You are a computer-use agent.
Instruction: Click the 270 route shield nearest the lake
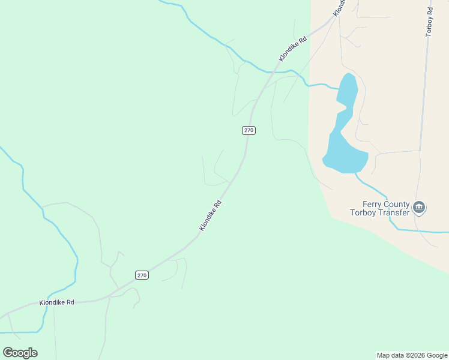click(x=249, y=130)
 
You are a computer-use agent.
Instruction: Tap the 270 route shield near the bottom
click(x=141, y=275)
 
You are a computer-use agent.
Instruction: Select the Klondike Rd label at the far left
click(x=56, y=302)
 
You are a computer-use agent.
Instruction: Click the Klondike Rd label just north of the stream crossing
click(x=293, y=49)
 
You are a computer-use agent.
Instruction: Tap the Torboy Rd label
click(x=429, y=22)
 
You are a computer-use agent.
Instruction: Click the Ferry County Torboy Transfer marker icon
click(x=419, y=208)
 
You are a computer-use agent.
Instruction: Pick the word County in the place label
click(x=397, y=204)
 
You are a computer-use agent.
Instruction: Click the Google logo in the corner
click(x=20, y=353)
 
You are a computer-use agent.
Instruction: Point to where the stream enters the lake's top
click(x=339, y=88)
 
